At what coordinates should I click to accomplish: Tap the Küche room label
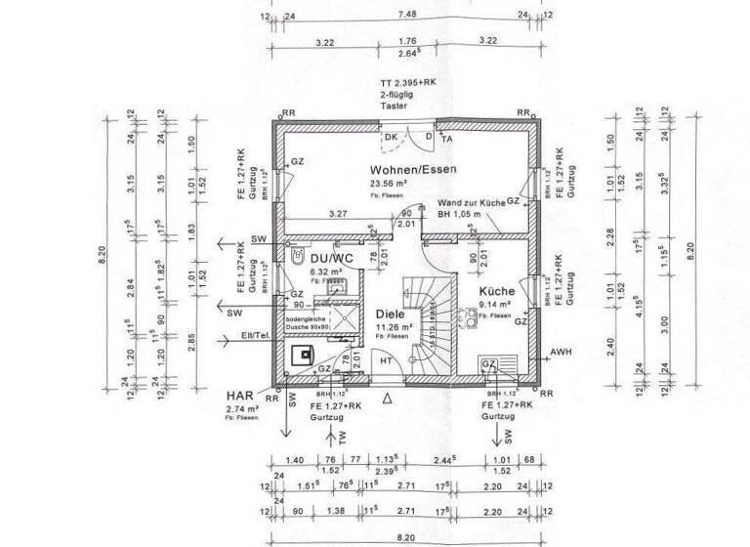[496, 291]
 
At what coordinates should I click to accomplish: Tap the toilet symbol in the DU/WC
[298, 256]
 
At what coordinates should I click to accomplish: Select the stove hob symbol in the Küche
[490, 364]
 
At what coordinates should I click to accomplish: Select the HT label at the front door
[386, 360]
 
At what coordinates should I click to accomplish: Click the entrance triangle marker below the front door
[387, 399]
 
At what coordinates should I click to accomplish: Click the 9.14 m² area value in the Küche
[492, 305]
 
